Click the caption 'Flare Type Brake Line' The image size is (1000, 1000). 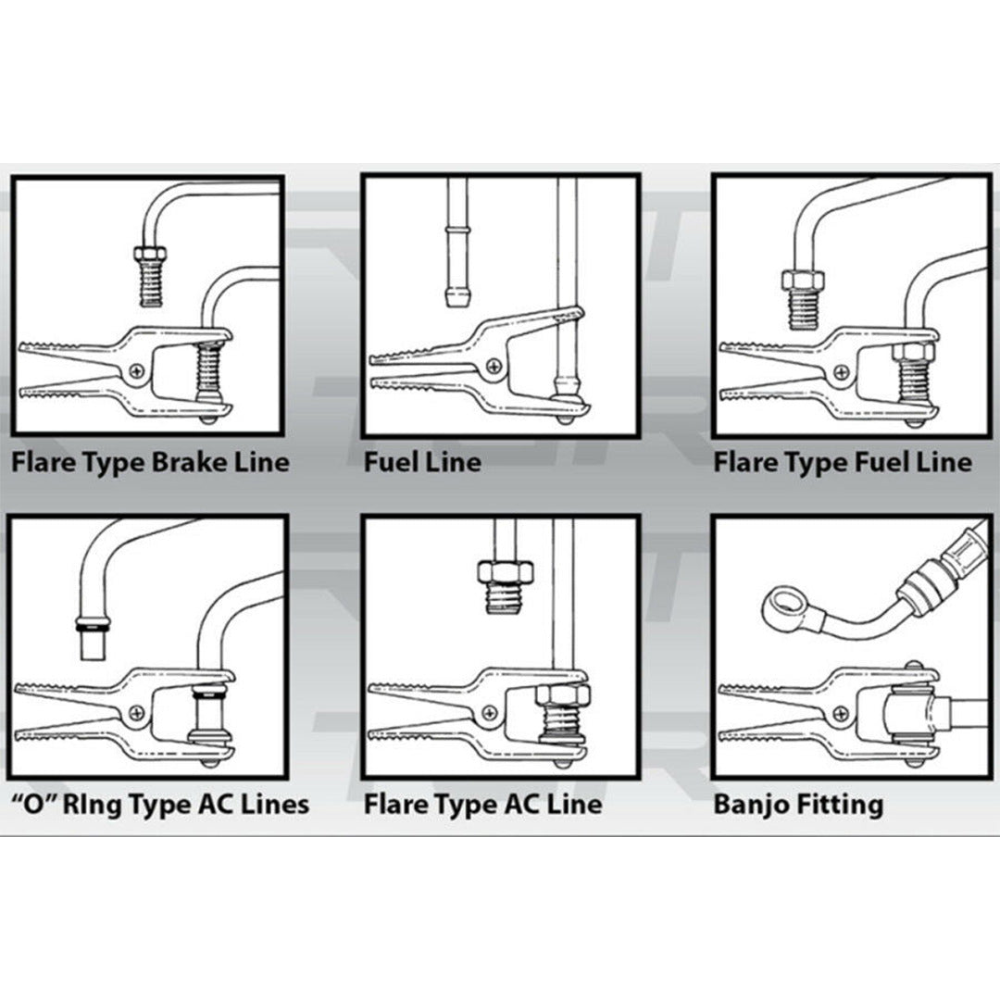point(150,462)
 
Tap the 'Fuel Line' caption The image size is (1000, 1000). point(422,462)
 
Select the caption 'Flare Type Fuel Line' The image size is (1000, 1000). point(843,462)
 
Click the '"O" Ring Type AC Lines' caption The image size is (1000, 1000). point(159,804)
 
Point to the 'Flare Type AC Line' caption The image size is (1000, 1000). point(482,804)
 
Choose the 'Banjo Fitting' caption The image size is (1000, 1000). point(798,804)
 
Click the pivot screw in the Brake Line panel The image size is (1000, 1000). point(139,370)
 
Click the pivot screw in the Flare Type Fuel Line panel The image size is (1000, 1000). point(841,370)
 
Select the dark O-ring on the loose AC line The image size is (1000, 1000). point(92,630)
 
